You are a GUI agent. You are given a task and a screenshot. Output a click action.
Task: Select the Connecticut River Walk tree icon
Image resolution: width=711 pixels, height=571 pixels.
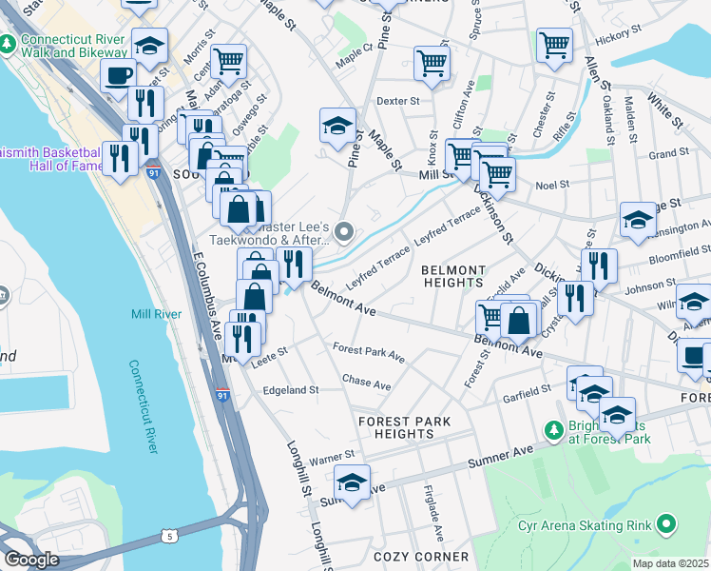(9, 45)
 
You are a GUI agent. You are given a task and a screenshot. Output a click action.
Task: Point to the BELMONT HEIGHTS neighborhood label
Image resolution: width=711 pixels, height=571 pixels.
(452, 276)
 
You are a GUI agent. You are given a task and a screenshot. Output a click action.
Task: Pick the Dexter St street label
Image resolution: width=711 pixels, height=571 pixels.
(398, 100)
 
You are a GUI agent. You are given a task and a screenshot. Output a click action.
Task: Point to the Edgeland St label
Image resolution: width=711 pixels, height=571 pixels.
(290, 390)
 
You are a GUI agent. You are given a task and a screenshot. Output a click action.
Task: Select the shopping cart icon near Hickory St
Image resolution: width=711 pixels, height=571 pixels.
(554, 44)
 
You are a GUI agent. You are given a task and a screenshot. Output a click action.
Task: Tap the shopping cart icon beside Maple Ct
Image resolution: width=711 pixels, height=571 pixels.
(432, 63)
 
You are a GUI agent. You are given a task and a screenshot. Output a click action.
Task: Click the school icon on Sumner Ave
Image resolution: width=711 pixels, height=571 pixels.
(352, 482)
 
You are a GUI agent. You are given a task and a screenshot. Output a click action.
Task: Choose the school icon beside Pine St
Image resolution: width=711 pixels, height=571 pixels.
(336, 125)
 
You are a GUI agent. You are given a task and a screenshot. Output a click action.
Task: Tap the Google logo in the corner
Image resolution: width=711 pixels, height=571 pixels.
(31, 560)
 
